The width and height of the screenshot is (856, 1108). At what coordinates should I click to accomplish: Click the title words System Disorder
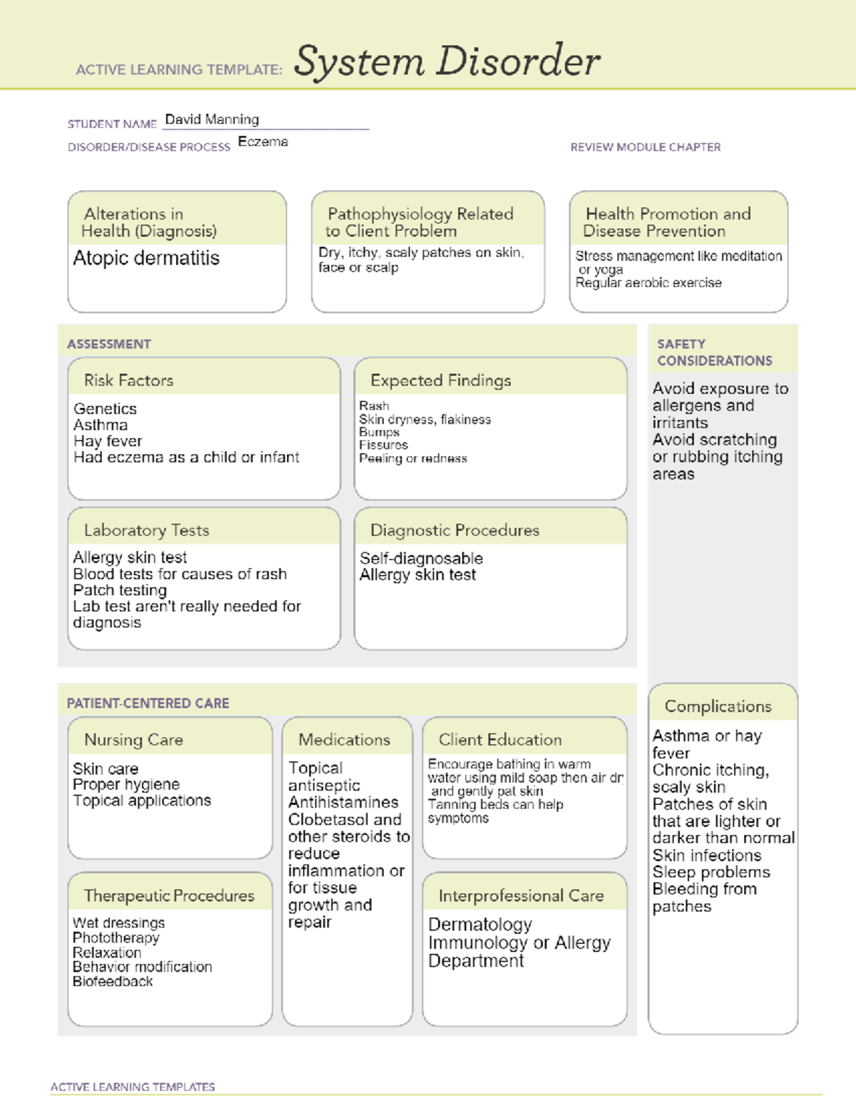tap(447, 61)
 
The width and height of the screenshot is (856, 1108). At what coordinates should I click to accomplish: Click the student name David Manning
tap(212, 119)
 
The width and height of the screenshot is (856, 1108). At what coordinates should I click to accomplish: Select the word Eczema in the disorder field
tap(263, 142)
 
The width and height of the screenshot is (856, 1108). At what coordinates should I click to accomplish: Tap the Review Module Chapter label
tap(645, 147)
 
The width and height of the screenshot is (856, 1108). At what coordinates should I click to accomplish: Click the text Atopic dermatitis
tap(146, 258)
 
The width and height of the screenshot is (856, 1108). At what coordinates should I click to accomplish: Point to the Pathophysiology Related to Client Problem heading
tap(419, 222)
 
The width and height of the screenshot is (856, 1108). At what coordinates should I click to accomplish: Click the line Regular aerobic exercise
tap(648, 283)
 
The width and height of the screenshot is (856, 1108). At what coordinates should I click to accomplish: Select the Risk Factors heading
tap(128, 380)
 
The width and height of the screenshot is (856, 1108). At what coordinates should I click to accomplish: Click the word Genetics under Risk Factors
tap(105, 409)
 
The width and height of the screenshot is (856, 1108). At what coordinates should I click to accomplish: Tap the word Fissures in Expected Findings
tap(383, 445)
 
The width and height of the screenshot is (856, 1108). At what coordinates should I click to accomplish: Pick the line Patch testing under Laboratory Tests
tap(120, 590)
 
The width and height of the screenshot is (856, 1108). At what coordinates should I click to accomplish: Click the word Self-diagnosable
tap(421, 558)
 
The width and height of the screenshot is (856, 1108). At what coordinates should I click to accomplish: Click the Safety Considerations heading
tap(714, 352)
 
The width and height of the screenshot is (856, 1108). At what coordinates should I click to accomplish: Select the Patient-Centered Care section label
tap(148, 703)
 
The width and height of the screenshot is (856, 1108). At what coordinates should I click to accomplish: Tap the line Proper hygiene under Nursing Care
tap(126, 784)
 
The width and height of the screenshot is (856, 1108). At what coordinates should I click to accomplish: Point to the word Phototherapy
tap(116, 937)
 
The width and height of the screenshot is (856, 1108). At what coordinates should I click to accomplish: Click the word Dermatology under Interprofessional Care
tap(480, 925)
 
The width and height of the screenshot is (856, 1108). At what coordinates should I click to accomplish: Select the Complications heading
tap(718, 706)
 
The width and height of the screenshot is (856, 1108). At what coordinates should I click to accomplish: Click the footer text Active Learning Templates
tap(133, 1087)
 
